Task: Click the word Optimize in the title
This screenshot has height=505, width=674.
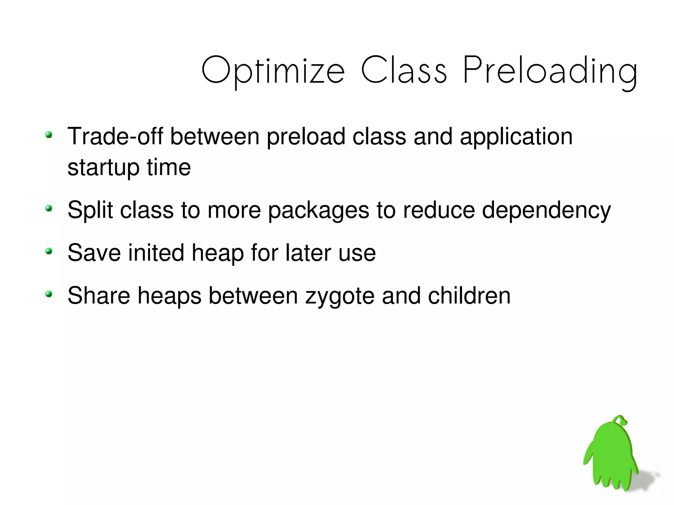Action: [x=273, y=71]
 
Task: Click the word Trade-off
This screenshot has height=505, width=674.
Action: [x=115, y=136]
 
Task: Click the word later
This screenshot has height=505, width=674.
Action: [x=308, y=253]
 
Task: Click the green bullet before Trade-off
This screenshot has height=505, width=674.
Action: [x=49, y=135]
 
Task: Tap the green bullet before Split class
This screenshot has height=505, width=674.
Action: [x=49, y=209]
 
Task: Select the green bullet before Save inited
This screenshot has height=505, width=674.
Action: [x=49, y=252]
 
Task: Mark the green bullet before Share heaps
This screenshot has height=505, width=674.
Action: [x=49, y=294]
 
